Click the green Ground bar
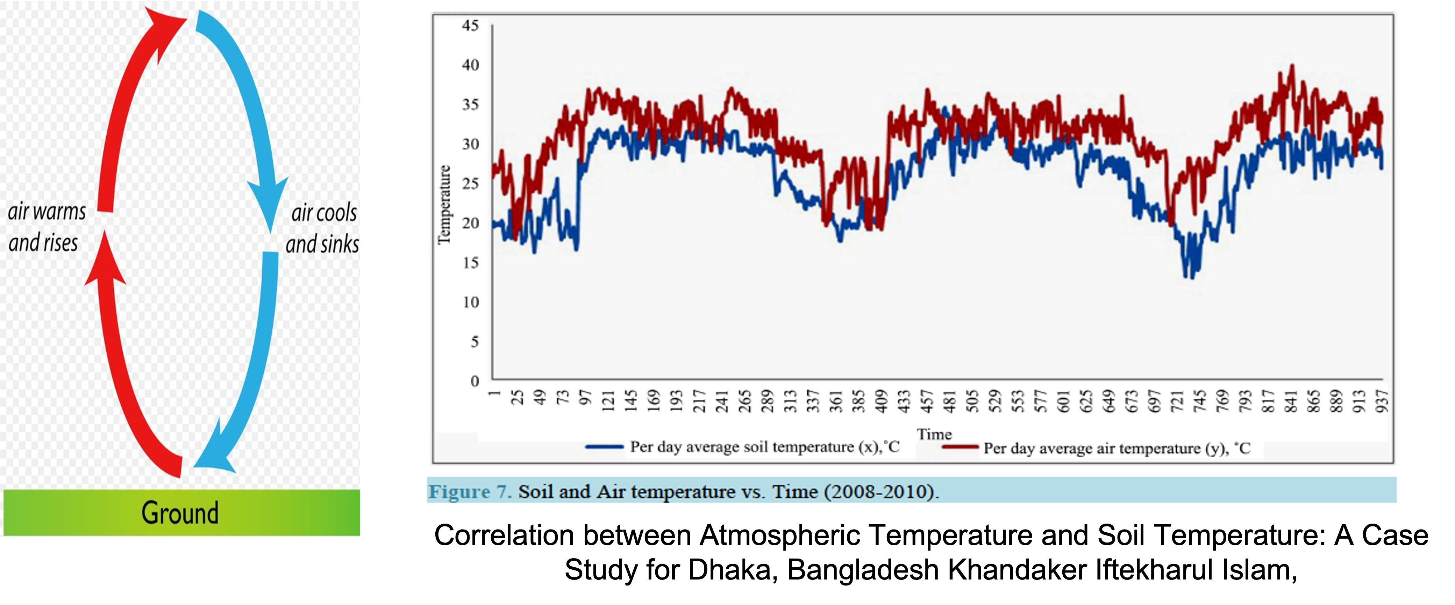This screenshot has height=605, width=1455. point(180,512)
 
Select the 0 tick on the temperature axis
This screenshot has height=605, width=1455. point(475,381)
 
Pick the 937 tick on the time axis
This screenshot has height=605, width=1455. point(1382,401)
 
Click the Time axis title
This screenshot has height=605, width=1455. point(934,434)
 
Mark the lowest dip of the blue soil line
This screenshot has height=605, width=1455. point(1192,277)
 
